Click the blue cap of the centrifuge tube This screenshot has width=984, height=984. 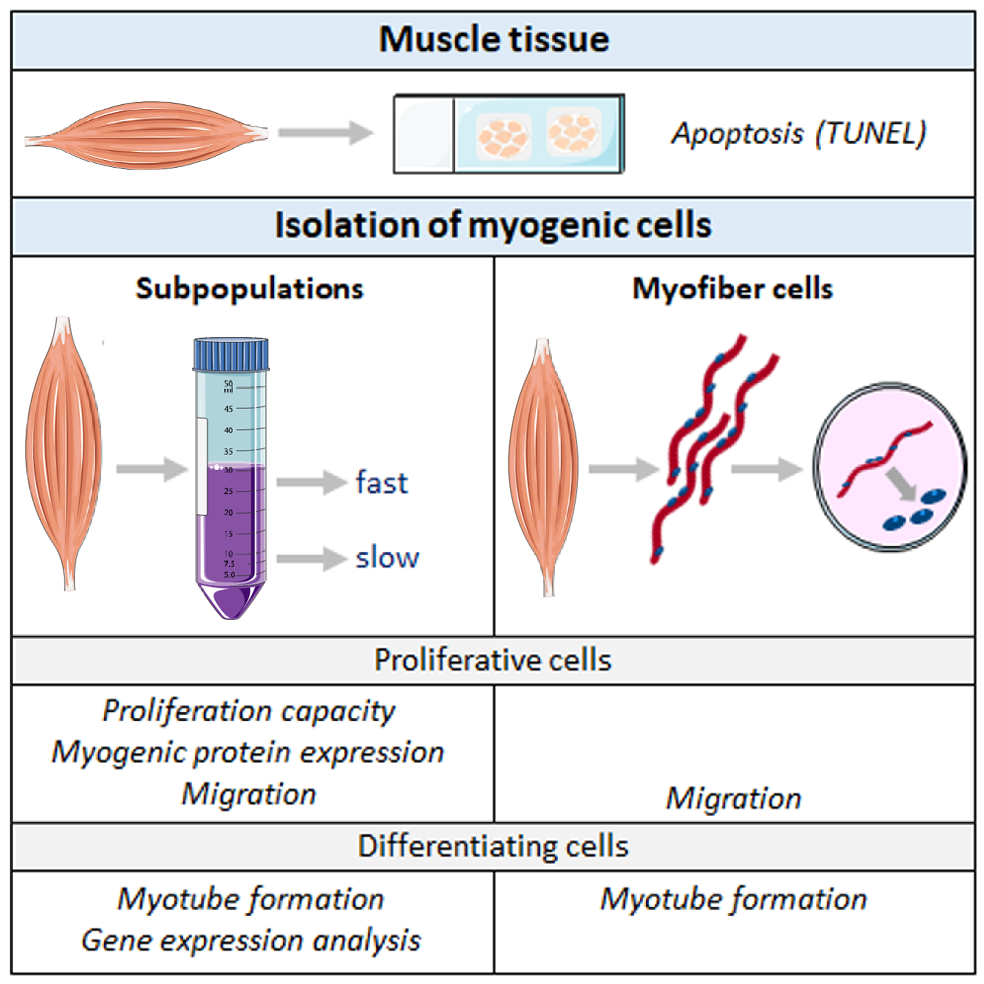coord(231,354)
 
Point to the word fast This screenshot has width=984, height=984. coord(382,483)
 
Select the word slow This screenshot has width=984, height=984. coord(387,558)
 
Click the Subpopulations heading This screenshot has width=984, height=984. coord(249,289)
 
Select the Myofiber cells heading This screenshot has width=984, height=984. coord(732,289)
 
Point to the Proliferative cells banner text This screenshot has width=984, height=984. coord(493,661)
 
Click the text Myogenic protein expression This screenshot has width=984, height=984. coord(248,752)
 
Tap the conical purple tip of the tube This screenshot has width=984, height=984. coord(231,601)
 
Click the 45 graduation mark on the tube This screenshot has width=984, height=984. coord(229,409)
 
